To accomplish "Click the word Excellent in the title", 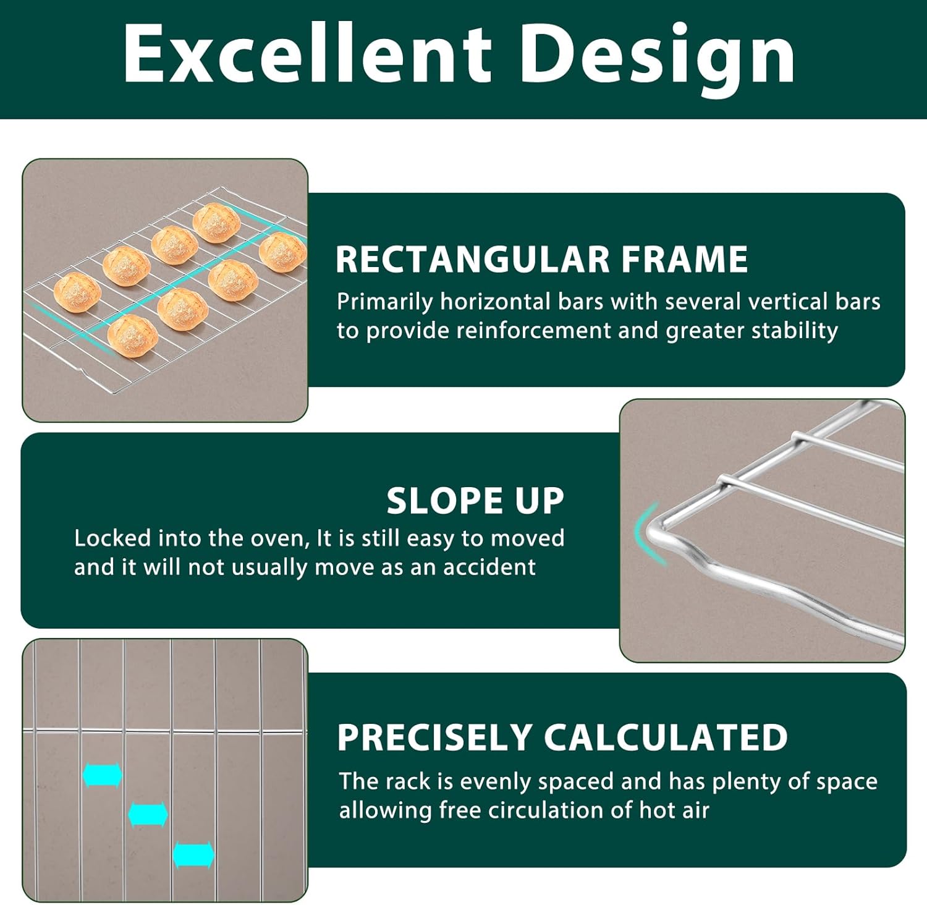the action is tap(307, 54).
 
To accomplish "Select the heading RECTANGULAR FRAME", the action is tap(541, 259).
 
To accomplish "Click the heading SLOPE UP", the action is tap(475, 500).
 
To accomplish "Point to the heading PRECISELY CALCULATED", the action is tap(562, 737).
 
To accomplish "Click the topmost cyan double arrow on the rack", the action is tap(103, 775).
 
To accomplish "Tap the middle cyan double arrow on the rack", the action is tap(148, 814).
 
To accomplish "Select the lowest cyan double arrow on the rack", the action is tap(193, 855).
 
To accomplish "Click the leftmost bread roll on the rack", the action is tap(77, 292).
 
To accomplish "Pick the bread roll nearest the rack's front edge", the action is tap(133, 334).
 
